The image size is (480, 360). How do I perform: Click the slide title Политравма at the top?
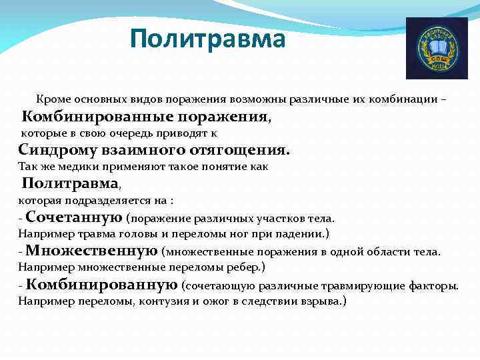click(x=207, y=39)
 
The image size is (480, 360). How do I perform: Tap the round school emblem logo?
click(x=437, y=49)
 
